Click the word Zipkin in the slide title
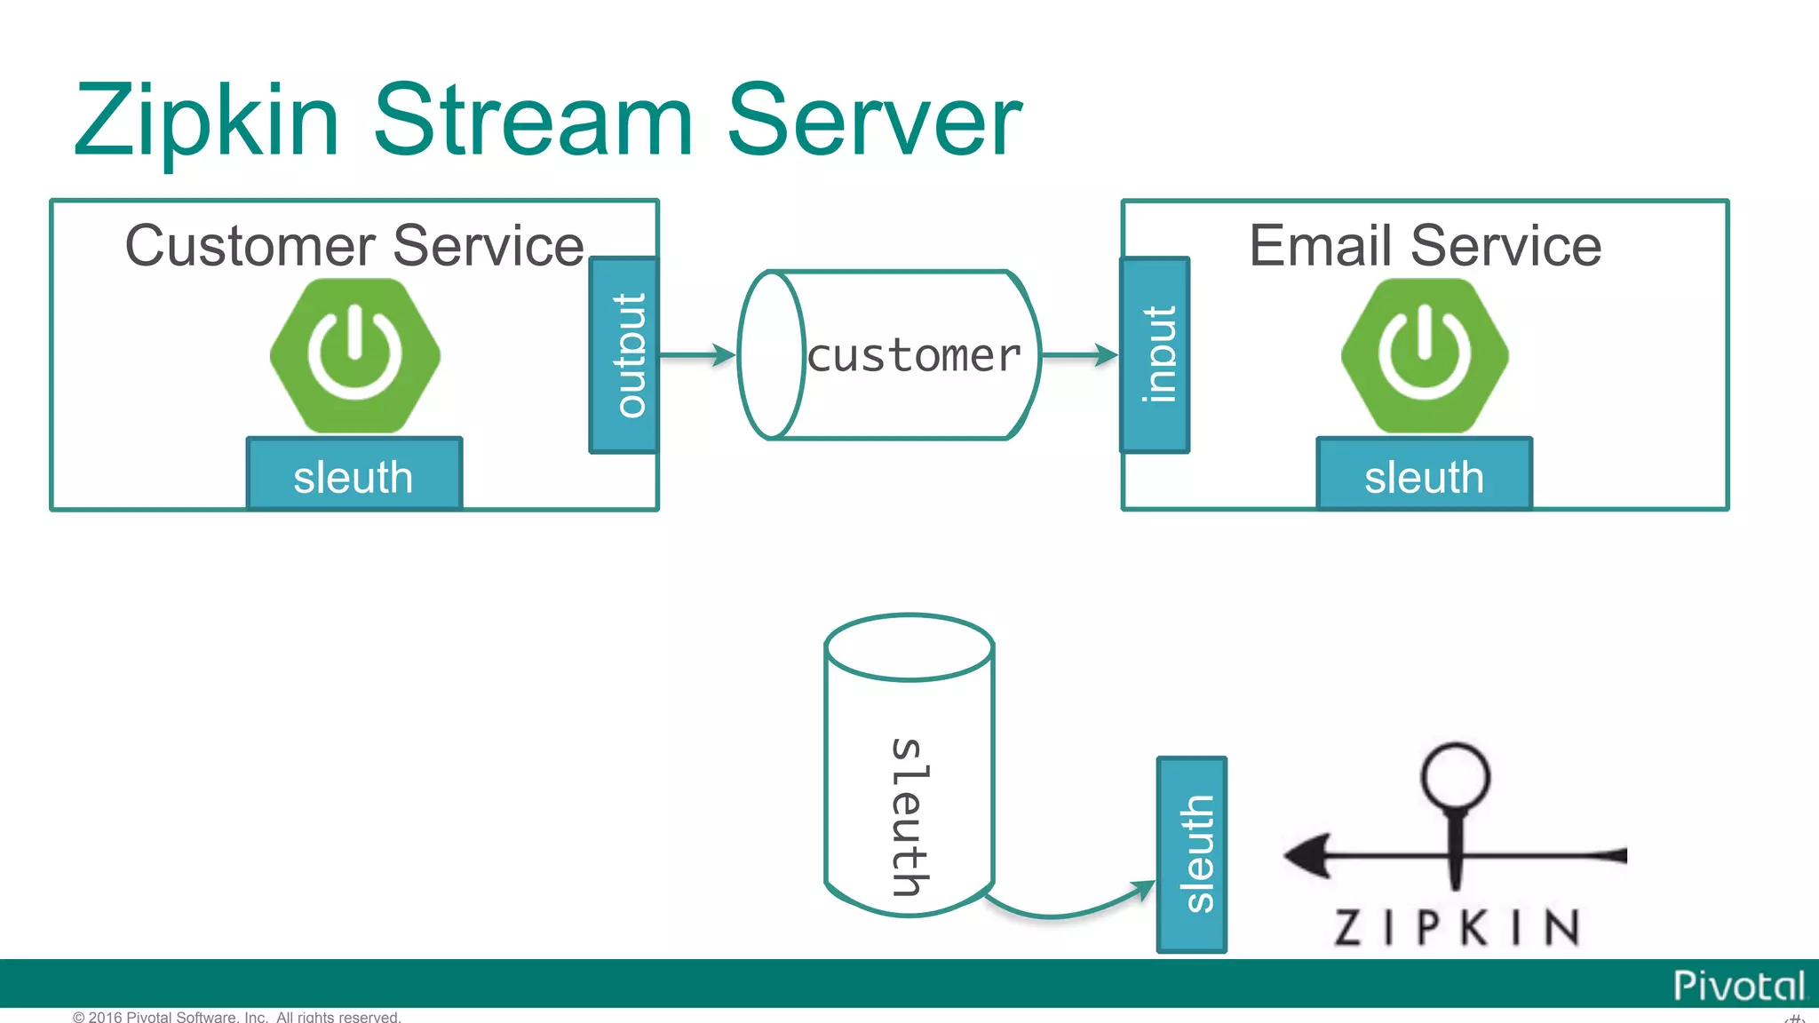(207, 123)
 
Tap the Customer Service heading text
(354, 246)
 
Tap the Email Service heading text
(1425, 246)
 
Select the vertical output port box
(624, 355)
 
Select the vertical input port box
(1155, 355)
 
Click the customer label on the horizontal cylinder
(915, 356)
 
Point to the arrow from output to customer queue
(697, 355)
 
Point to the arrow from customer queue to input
(1079, 355)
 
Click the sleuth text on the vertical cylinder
(909, 817)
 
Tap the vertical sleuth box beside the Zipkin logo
(1192, 855)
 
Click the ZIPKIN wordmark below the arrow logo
(1457, 928)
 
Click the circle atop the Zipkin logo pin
(1455, 775)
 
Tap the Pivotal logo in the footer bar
(1738, 986)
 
